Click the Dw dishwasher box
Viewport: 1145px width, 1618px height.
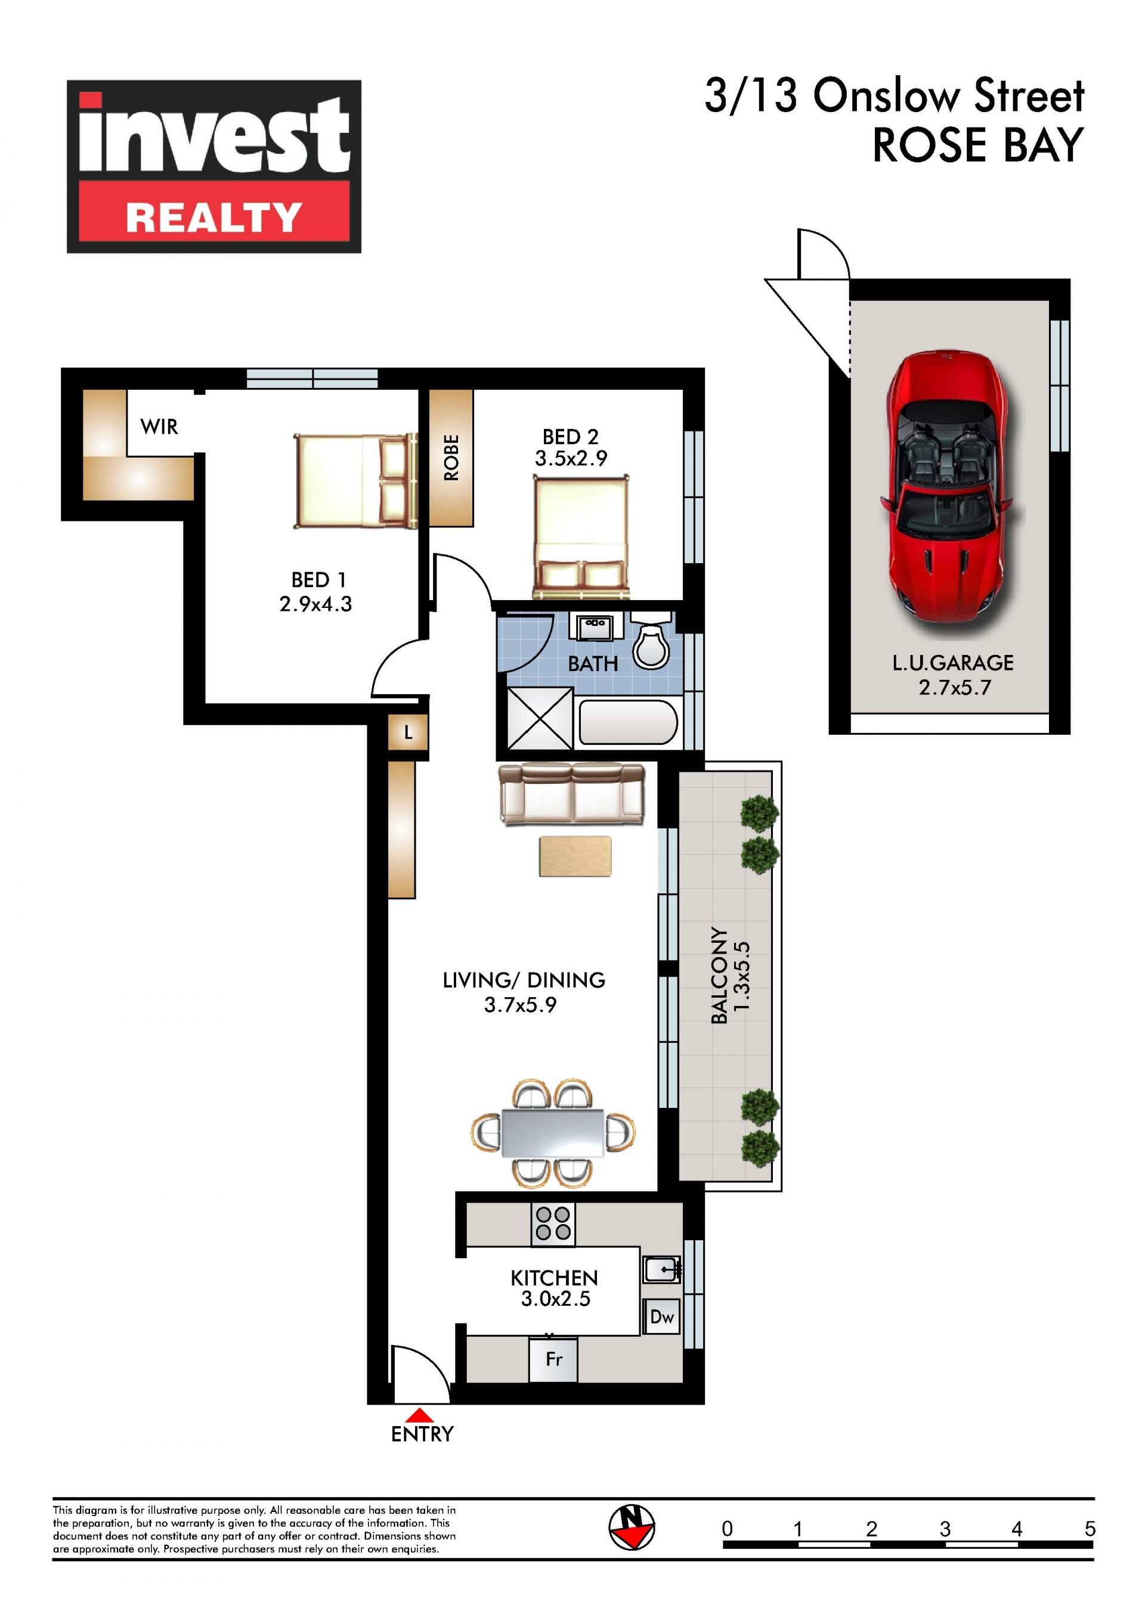click(x=662, y=1316)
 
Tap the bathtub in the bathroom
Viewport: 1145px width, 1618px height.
click(x=628, y=722)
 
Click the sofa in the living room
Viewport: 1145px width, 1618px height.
click(x=572, y=793)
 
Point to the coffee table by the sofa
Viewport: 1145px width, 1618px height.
click(x=575, y=856)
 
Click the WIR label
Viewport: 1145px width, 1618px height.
click(x=159, y=427)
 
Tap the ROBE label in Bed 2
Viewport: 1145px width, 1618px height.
click(x=451, y=457)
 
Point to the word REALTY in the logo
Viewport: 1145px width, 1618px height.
click(x=214, y=217)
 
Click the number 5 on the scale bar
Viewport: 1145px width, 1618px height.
click(x=1090, y=1529)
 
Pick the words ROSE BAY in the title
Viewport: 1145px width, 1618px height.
click(x=978, y=145)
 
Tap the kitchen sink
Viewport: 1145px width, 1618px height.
click(x=661, y=1269)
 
